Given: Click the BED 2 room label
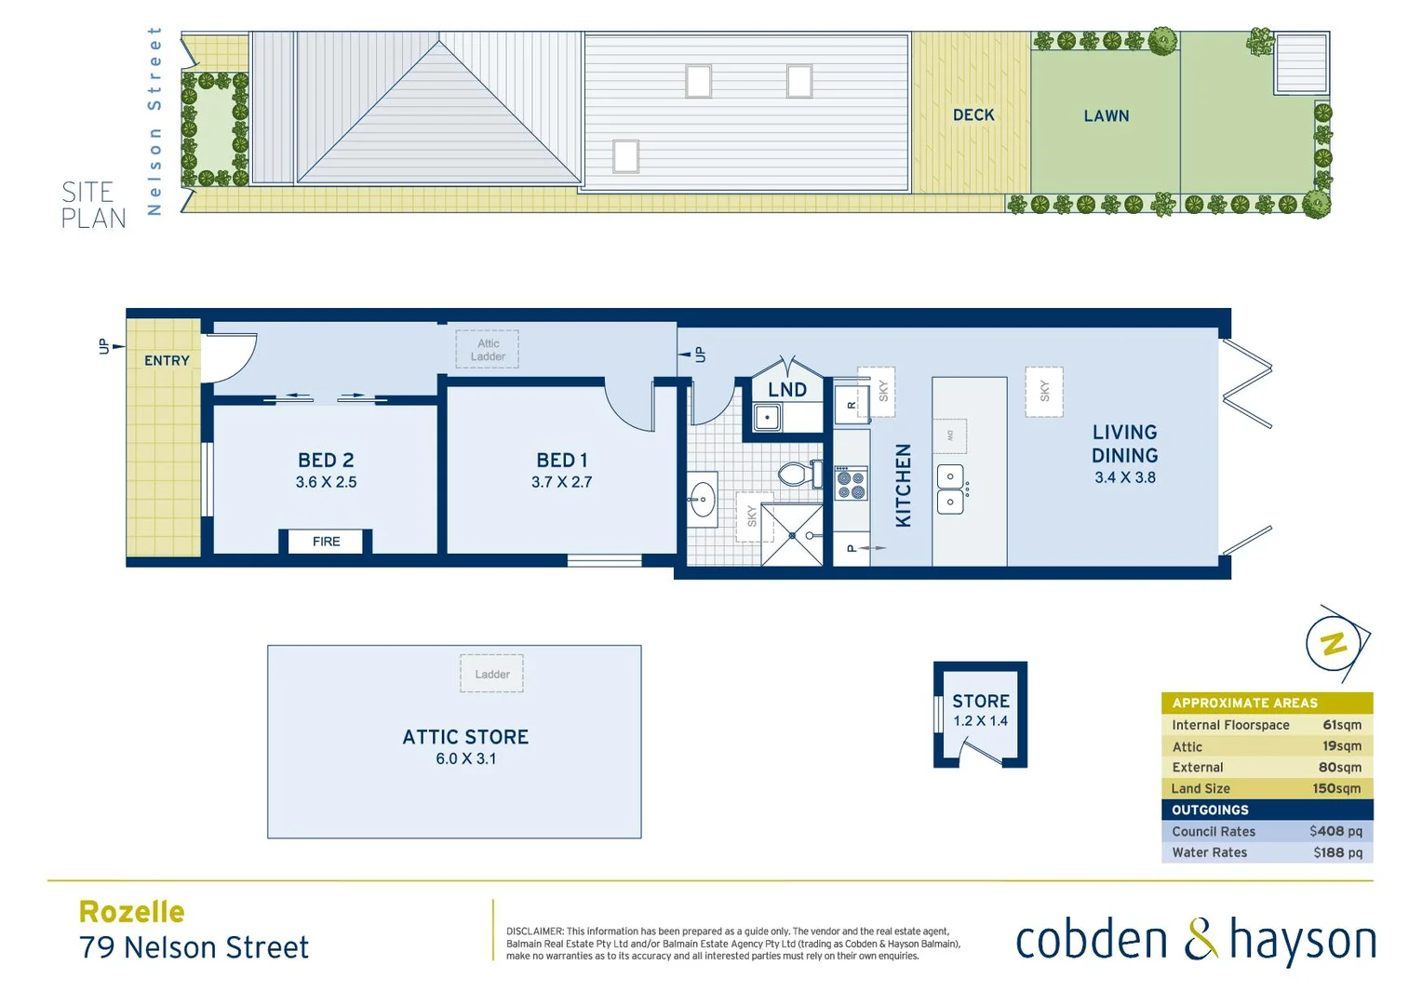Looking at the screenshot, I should [x=326, y=461].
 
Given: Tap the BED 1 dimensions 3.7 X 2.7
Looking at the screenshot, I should [x=561, y=482].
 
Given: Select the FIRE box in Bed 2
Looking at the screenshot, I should [x=326, y=542].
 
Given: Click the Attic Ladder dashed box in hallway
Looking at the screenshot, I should [x=488, y=350].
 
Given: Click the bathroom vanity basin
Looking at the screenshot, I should [x=703, y=500].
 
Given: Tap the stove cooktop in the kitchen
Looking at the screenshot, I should [x=851, y=484].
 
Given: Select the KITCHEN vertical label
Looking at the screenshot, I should [x=903, y=485].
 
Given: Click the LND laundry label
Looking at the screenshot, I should [x=787, y=390].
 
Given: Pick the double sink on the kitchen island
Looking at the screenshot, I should [x=950, y=489].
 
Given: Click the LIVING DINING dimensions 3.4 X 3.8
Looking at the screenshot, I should [x=1124, y=477].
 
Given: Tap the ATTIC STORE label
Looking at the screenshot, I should [x=465, y=737].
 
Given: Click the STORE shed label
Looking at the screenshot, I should [x=980, y=702].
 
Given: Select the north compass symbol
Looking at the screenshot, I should [x=1335, y=643].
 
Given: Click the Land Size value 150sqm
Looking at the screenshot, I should [x=1336, y=788].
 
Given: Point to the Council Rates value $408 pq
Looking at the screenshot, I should [x=1335, y=831].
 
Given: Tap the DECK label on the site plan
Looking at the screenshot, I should [x=973, y=115].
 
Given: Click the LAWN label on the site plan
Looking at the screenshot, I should [x=1106, y=116].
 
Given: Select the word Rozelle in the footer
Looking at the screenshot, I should [x=132, y=912].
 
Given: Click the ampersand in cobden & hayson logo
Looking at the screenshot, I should [x=1200, y=940].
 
